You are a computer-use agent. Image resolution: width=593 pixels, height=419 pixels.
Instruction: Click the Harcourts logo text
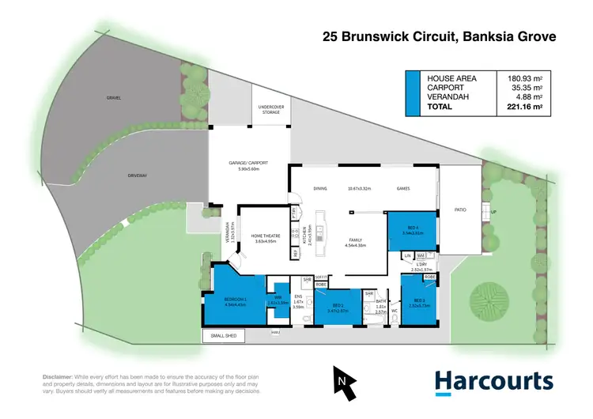[494, 381]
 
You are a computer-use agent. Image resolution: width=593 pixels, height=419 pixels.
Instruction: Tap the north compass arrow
[341, 379]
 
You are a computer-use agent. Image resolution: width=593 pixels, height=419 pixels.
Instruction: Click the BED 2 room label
[338, 304]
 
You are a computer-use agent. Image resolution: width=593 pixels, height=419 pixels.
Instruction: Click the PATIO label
[459, 211]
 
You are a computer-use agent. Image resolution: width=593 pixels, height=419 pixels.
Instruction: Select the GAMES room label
[402, 189]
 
